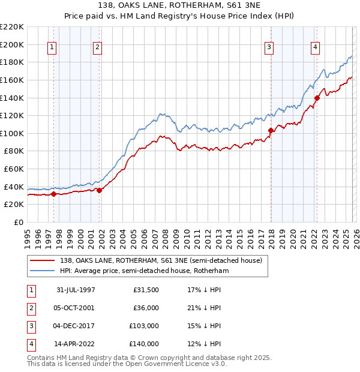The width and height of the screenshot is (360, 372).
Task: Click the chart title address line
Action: (180, 5)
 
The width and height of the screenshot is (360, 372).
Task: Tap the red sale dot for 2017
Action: (271, 130)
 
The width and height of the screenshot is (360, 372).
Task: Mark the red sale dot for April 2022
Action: (317, 98)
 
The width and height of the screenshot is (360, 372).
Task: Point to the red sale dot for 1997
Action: (54, 194)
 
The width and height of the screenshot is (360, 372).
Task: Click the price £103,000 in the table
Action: (144, 326)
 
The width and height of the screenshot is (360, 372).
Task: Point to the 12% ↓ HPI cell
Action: (204, 344)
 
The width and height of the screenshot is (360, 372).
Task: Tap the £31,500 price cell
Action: (146, 290)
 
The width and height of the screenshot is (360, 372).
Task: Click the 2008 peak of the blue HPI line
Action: (161, 113)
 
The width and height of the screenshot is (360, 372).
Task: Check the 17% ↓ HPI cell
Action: (204, 290)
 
